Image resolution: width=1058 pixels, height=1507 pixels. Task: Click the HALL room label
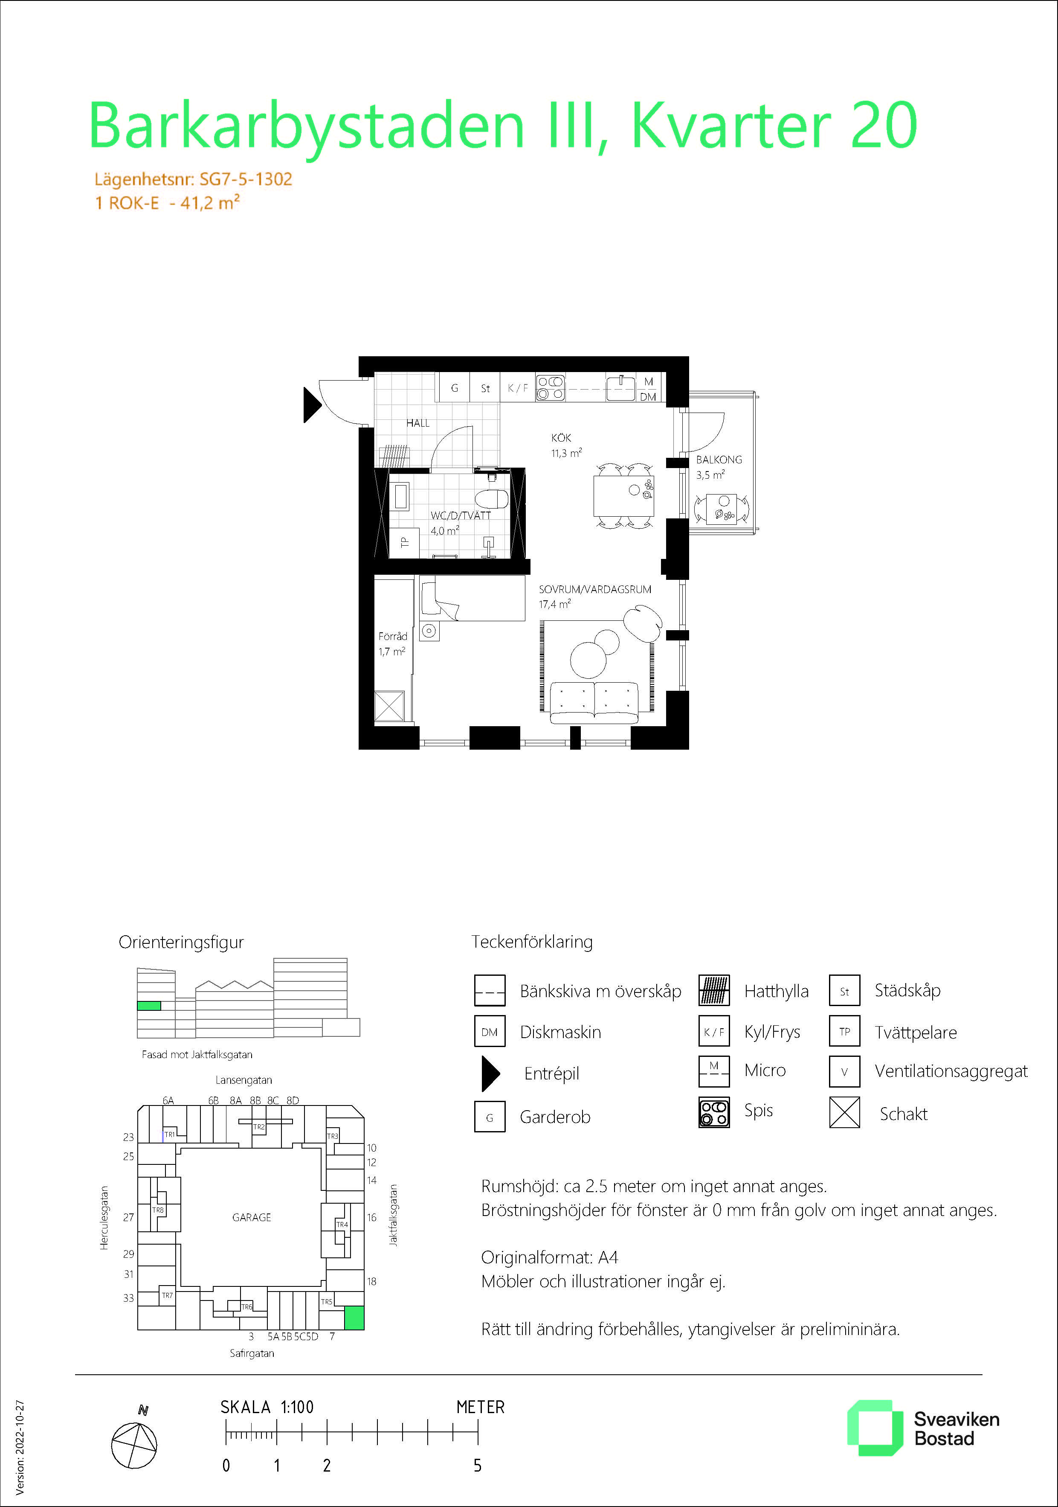tap(418, 423)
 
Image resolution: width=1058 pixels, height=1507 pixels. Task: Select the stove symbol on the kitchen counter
tap(550, 387)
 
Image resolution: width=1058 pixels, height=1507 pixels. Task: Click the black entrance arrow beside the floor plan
tap(312, 405)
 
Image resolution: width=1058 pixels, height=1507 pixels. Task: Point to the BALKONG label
tap(719, 460)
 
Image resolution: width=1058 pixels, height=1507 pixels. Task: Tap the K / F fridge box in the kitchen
tap(518, 388)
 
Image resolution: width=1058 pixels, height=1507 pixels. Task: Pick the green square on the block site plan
tap(354, 1318)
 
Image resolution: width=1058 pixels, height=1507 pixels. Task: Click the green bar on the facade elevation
tap(149, 1006)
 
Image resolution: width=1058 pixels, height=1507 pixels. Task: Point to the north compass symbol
tap(134, 1445)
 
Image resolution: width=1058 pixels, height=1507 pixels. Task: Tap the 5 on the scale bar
tap(478, 1466)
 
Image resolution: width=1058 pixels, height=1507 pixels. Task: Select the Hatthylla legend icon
tap(713, 990)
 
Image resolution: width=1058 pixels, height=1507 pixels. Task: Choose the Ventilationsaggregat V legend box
tap(844, 1072)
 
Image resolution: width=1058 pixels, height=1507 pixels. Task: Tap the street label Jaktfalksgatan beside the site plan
tap(394, 1215)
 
